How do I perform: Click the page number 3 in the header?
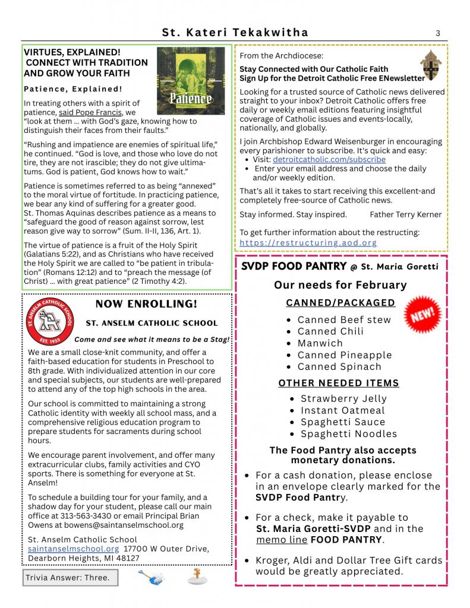(438, 33)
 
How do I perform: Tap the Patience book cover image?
(191, 81)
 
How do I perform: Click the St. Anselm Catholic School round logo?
(50, 321)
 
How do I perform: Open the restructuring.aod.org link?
(308, 243)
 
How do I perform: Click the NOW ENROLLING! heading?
(146, 304)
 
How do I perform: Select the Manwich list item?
(320, 343)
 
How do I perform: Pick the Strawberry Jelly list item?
(343, 398)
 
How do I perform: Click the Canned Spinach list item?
(339, 366)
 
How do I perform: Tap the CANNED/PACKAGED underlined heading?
(340, 303)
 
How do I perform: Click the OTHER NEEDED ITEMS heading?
(339, 383)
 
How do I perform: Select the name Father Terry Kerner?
(405, 214)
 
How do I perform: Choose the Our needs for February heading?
(340, 285)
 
